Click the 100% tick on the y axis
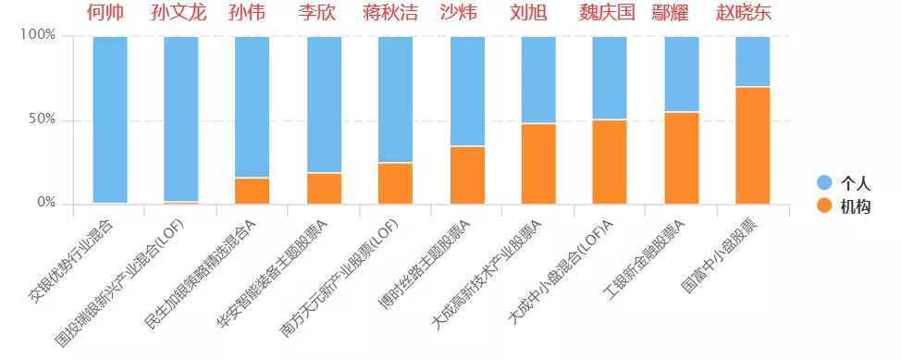click(38, 35)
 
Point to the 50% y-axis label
click(42, 119)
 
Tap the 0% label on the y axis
click(45, 203)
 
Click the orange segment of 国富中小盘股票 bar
click(752, 144)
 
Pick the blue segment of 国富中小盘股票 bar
click(752, 61)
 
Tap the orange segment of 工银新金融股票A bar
click(681, 157)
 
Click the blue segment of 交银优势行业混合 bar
click(110, 118)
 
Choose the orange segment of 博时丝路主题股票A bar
click(467, 175)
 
